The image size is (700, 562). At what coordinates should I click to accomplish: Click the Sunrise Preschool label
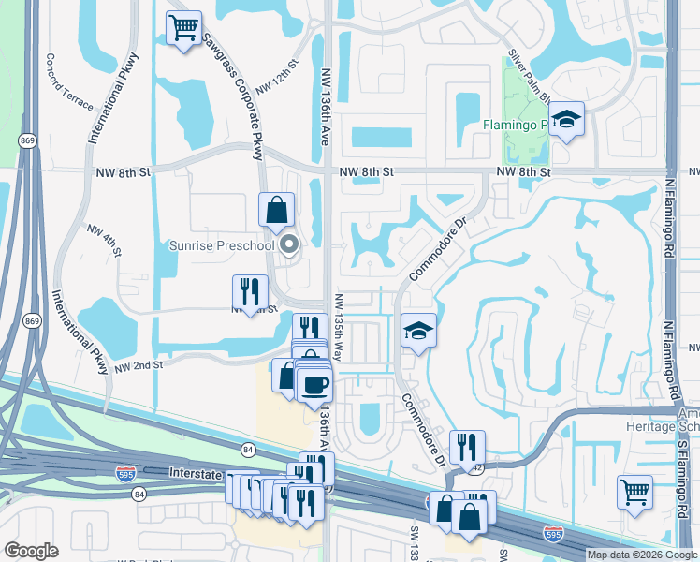222,246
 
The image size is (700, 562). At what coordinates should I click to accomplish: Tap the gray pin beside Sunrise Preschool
289,245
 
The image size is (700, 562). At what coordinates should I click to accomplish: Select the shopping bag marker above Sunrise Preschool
277,211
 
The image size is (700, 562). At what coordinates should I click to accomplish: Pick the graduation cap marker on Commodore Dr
418,331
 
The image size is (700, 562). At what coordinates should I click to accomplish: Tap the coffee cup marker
314,384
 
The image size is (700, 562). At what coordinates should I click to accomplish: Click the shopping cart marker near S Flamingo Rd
634,491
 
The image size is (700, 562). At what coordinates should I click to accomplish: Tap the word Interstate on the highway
194,474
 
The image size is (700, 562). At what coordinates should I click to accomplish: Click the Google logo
31,551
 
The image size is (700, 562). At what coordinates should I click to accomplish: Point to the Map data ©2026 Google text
641,555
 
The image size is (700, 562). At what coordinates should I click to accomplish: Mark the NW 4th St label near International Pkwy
105,240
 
